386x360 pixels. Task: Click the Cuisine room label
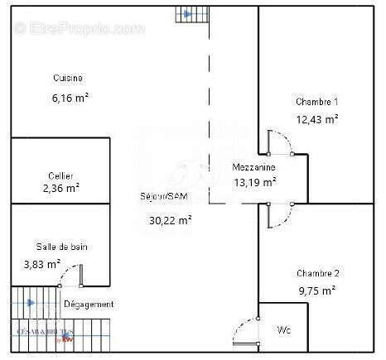[68, 78]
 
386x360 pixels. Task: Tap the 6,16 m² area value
[70, 98]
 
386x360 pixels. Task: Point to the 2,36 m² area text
[61, 188]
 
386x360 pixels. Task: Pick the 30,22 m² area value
[171, 220]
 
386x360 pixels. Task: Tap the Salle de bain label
[61, 247]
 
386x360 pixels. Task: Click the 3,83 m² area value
[42, 264]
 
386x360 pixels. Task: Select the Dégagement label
[89, 305]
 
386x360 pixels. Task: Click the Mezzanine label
[253, 167]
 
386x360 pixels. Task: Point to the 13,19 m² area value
[255, 183]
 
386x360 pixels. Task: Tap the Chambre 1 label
[317, 102]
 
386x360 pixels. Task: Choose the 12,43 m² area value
[317, 119]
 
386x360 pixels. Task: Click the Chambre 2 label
[317, 273]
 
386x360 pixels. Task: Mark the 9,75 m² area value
[317, 290]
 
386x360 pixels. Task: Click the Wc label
[283, 329]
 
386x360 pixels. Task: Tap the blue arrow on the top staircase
[187, 14]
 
